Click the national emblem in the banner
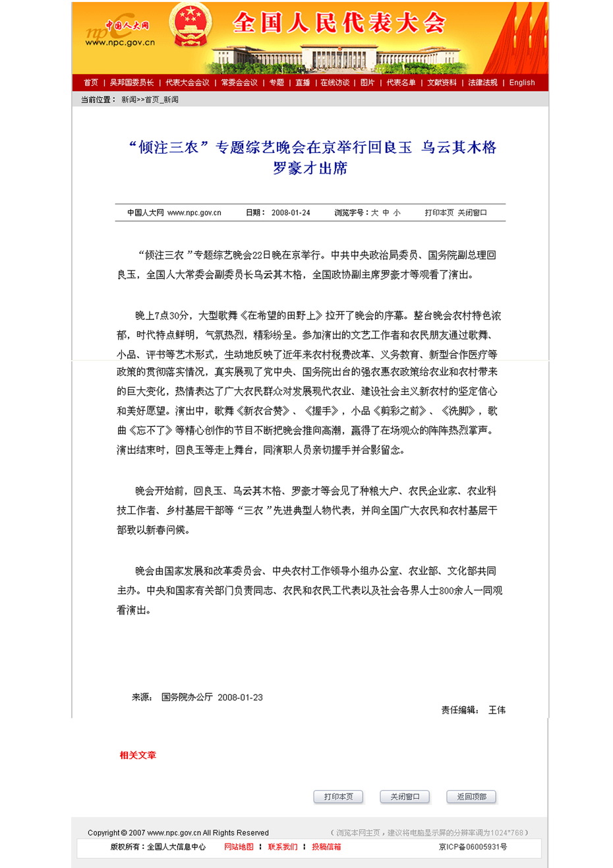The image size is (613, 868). click(190, 25)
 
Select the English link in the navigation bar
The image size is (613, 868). click(522, 82)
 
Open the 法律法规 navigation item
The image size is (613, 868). click(482, 82)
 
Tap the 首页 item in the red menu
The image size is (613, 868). click(91, 82)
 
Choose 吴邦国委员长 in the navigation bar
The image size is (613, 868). click(132, 82)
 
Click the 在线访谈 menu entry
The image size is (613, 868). click(335, 82)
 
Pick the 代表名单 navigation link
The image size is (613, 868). click(401, 82)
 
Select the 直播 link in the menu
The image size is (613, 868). click(303, 82)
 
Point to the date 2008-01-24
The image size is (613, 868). click(291, 213)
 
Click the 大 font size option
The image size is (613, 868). click(374, 213)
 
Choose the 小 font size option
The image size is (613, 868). click(397, 213)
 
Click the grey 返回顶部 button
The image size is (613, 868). click(471, 797)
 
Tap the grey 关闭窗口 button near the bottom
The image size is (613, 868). click(405, 797)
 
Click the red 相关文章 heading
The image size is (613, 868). click(138, 755)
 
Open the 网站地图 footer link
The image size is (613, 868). click(239, 847)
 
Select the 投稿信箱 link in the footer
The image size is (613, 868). click(326, 847)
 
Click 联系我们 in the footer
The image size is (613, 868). click(282, 847)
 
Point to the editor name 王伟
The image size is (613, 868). click(497, 710)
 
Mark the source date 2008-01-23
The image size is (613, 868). click(240, 697)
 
